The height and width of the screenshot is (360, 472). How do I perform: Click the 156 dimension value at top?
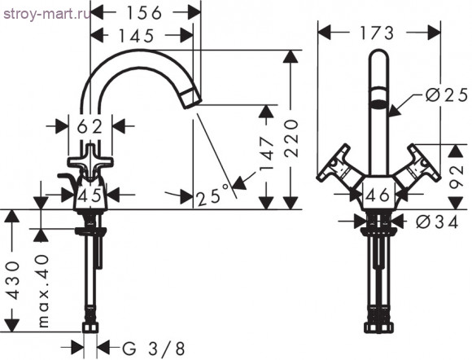(x=144, y=13)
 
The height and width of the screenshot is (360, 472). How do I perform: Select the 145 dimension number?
(x=137, y=36)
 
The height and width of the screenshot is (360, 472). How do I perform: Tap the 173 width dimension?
(x=377, y=33)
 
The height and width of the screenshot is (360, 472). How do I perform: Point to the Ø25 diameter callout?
(x=447, y=95)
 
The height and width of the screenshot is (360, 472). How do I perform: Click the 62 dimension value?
(x=90, y=127)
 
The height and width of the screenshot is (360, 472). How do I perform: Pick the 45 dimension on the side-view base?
(x=90, y=196)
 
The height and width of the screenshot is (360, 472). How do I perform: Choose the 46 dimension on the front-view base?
(x=378, y=195)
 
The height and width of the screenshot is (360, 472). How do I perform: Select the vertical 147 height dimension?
(x=267, y=154)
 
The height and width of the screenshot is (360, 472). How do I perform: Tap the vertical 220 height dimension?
(x=291, y=138)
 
